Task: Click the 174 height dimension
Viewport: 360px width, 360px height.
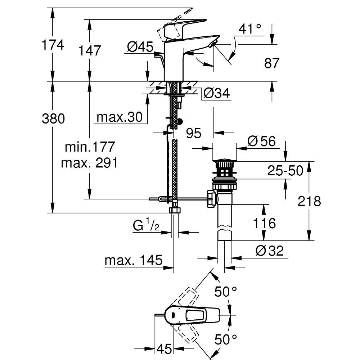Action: point(53,45)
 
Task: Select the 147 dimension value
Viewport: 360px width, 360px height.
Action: point(90,50)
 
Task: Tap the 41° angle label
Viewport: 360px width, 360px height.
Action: point(250,29)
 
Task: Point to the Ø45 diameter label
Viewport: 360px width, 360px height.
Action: point(140,47)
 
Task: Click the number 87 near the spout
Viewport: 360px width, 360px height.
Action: point(272,63)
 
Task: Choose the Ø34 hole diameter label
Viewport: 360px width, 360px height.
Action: point(216,94)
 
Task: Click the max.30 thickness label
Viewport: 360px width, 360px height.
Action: point(120,117)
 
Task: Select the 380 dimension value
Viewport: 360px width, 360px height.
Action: point(53,119)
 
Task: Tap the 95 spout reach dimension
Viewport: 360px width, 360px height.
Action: point(194,133)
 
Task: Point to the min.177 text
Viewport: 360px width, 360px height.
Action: point(90,147)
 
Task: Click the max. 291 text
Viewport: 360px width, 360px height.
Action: point(89,163)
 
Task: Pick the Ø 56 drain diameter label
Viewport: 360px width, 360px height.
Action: point(261,141)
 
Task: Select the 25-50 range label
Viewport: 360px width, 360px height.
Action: point(285,171)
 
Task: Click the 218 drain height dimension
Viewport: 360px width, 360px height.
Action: point(309,201)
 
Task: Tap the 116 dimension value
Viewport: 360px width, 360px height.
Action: point(264,223)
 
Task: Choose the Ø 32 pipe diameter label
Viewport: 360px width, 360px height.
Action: point(270,251)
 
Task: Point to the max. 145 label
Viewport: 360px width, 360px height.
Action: point(134,260)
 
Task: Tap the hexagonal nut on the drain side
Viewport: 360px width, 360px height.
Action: point(211,199)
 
